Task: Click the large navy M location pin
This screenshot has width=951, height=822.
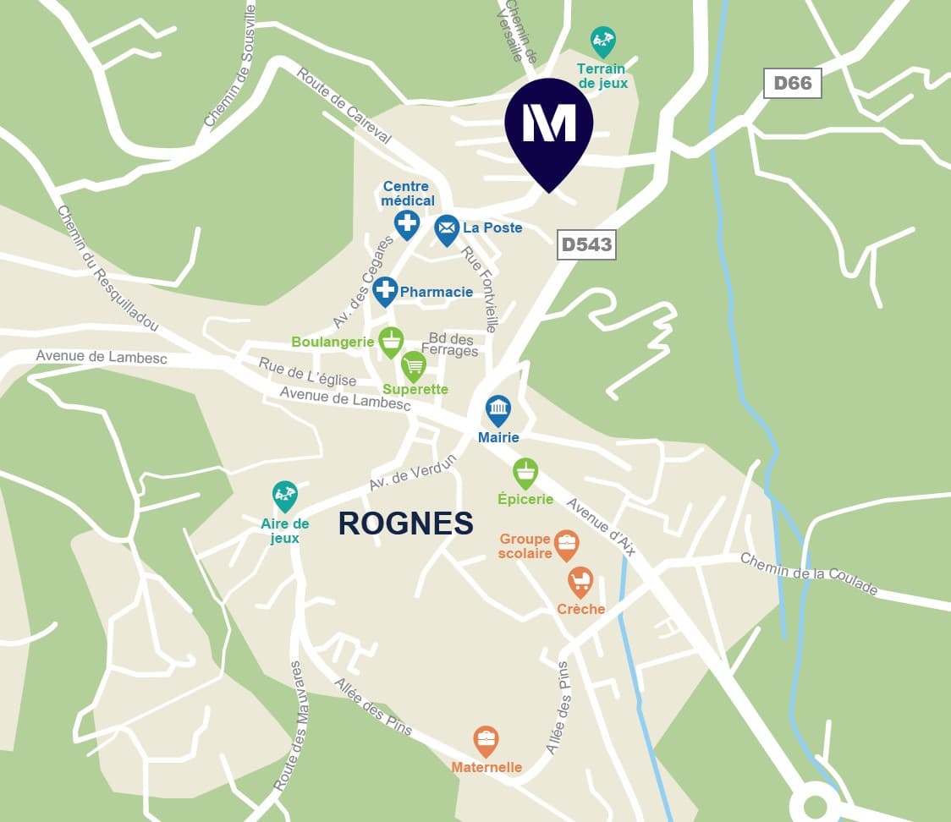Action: click(549, 127)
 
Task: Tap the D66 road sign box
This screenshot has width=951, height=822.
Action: click(792, 83)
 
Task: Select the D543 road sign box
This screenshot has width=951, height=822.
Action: click(586, 244)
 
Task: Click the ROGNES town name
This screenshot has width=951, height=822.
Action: click(405, 523)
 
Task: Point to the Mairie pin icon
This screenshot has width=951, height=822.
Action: click(498, 410)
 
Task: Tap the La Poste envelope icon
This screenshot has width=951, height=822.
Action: click(447, 228)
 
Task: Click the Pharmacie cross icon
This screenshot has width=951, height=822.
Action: click(385, 290)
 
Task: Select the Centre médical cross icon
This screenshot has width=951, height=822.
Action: click(407, 224)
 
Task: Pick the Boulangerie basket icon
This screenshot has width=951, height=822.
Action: click(390, 341)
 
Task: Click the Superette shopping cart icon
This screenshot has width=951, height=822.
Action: click(413, 365)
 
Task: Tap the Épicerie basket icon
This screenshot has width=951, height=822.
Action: click(525, 473)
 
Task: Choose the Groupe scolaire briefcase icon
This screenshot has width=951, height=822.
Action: click(566, 544)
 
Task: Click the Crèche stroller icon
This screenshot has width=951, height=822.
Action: click(580, 581)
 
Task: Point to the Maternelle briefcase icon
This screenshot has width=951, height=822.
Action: click(486, 741)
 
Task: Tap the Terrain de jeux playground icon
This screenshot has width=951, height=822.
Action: click(602, 41)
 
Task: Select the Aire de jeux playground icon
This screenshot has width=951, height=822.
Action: click(285, 496)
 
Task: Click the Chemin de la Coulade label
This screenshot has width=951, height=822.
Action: click(809, 575)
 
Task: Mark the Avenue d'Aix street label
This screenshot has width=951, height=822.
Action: click(601, 527)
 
